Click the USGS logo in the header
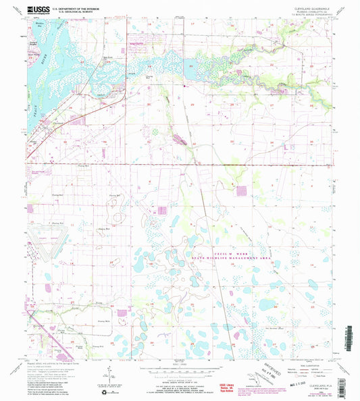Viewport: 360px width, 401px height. point(34,9)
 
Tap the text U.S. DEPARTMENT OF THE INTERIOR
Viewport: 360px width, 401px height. point(75,7)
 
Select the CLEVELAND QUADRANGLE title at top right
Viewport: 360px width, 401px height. point(311,7)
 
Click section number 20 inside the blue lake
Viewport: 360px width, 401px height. point(191,67)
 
